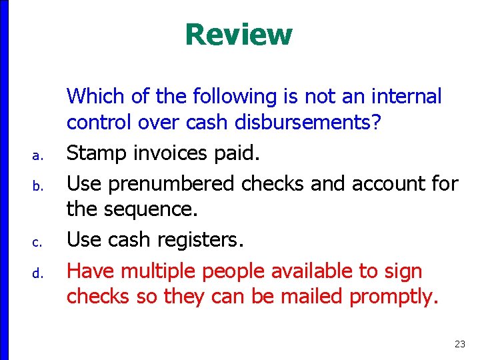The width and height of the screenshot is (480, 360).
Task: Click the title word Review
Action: tap(239, 35)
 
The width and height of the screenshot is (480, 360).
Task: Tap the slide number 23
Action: tap(459, 344)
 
